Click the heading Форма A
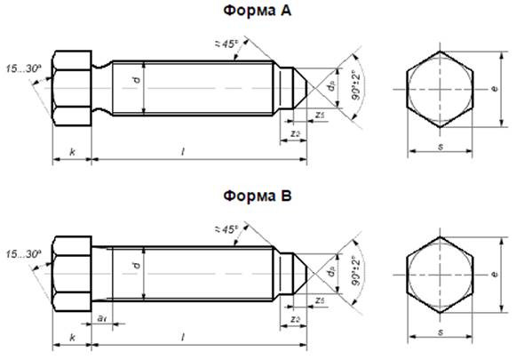[258, 11]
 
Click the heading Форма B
[258, 195]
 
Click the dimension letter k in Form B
[72, 339]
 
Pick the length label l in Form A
[183, 153]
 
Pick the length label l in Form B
[183, 338]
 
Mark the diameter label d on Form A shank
[136, 81]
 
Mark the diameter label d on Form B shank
[136, 266]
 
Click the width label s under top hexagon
[441, 146]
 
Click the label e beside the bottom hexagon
[494, 276]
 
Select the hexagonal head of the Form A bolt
[72, 89]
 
